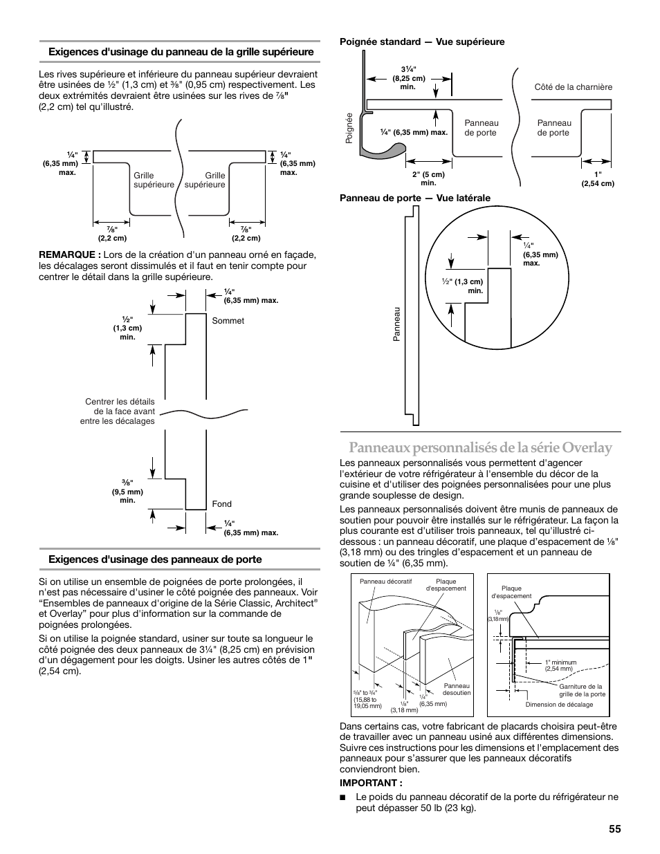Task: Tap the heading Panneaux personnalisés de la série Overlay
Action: point(480,447)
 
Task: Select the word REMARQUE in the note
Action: point(67,254)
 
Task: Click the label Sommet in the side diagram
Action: point(228,321)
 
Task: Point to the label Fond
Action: point(221,504)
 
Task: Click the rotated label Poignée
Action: point(349,128)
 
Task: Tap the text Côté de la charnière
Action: point(573,87)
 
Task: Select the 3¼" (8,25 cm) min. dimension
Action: point(408,78)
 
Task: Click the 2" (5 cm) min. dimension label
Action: point(428,178)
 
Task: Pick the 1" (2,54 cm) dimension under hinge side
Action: point(598,179)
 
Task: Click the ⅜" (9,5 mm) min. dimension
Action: point(127,491)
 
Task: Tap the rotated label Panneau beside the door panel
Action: point(396,324)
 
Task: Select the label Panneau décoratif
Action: point(385,582)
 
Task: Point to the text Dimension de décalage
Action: point(559,705)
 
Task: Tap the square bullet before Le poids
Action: point(342,797)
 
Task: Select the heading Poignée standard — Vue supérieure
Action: point(422,41)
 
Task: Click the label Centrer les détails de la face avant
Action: point(120,407)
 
